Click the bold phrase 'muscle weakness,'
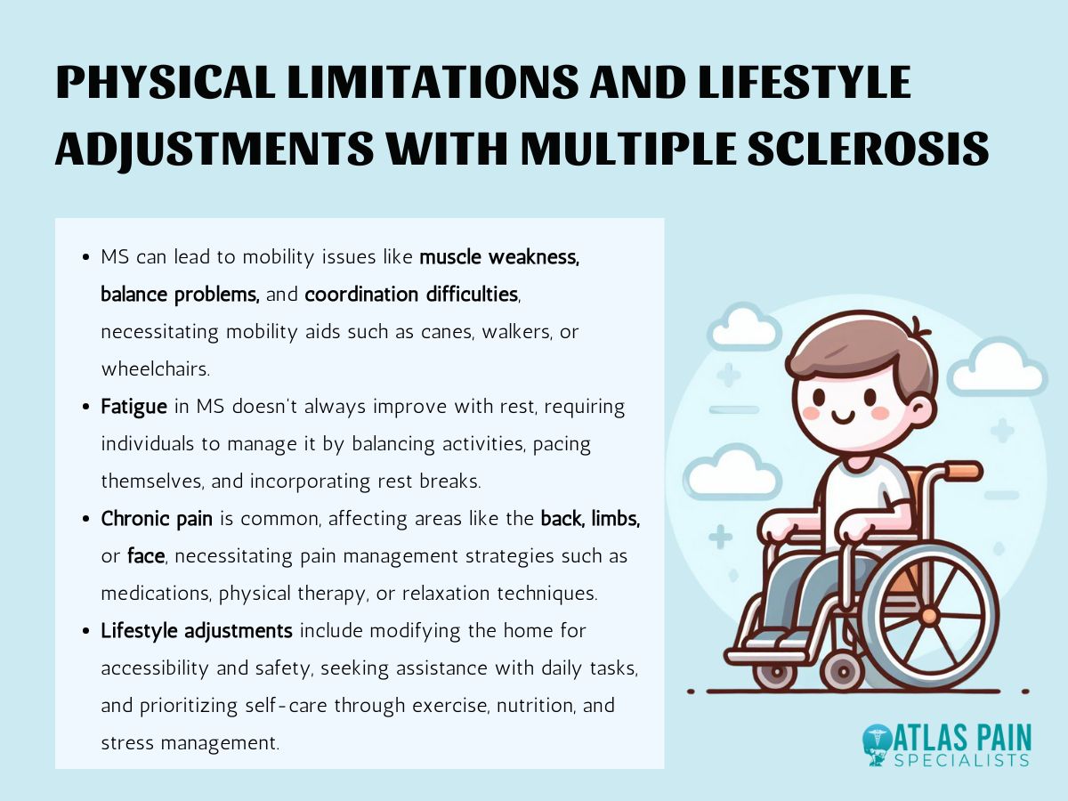[x=499, y=258]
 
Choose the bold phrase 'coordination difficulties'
[x=411, y=295]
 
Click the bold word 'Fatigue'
[x=133, y=408]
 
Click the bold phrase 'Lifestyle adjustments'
[x=196, y=631]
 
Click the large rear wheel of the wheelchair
[x=929, y=615]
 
